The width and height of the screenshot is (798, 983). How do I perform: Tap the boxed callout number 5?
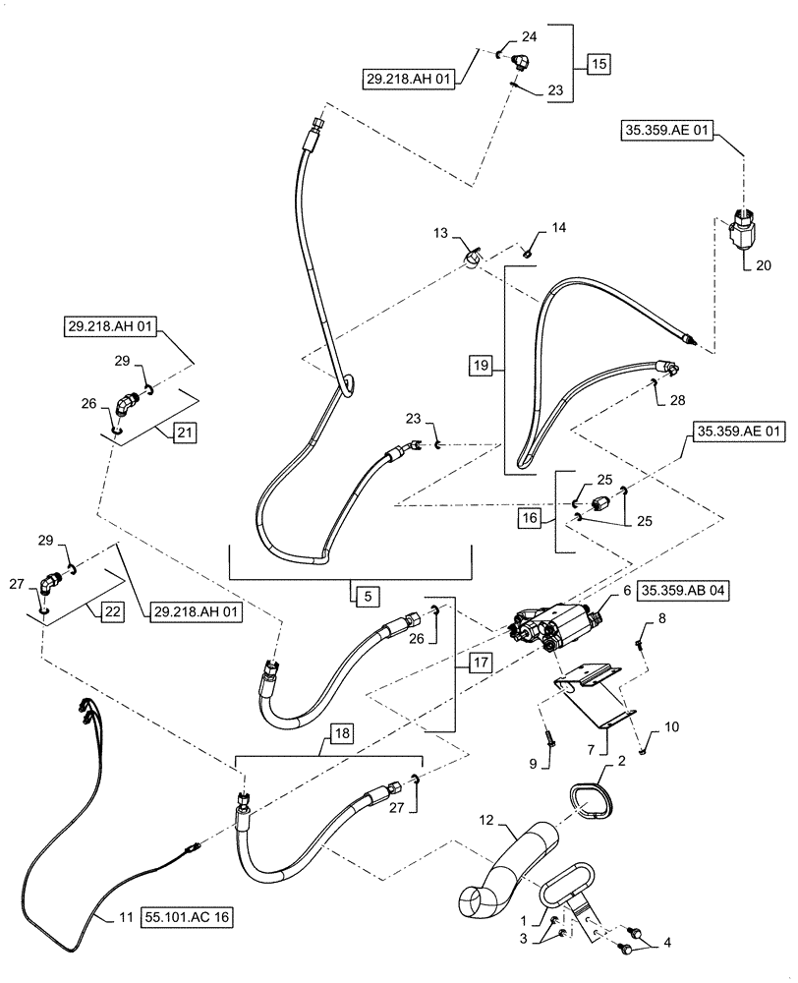[x=363, y=594]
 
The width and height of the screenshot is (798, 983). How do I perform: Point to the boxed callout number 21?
[x=185, y=431]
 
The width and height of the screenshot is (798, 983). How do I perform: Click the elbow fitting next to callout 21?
[x=129, y=404]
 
